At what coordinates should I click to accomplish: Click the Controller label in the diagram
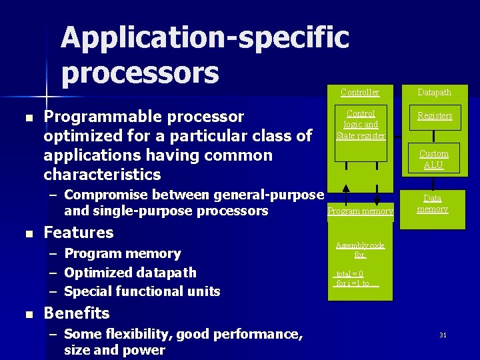click(360, 93)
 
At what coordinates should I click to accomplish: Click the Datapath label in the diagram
click(434, 93)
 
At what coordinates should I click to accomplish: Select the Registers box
click(435, 116)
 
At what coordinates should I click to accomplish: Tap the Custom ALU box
click(433, 159)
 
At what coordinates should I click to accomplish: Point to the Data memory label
click(433, 203)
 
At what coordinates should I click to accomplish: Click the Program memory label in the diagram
click(360, 211)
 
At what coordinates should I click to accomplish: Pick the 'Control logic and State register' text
click(361, 125)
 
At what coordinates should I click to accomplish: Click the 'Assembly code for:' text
click(360, 250)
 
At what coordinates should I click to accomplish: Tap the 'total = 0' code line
click(350, 273)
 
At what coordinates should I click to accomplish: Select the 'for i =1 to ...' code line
click(357, 283)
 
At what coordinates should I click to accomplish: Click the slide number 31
click(443, 335)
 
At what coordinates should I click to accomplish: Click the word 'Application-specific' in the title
click(205, 37)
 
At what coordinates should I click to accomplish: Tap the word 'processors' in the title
click(140, 73)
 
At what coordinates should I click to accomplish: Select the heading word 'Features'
click(79, 233)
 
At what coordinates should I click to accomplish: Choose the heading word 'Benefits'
click(76, 313)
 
